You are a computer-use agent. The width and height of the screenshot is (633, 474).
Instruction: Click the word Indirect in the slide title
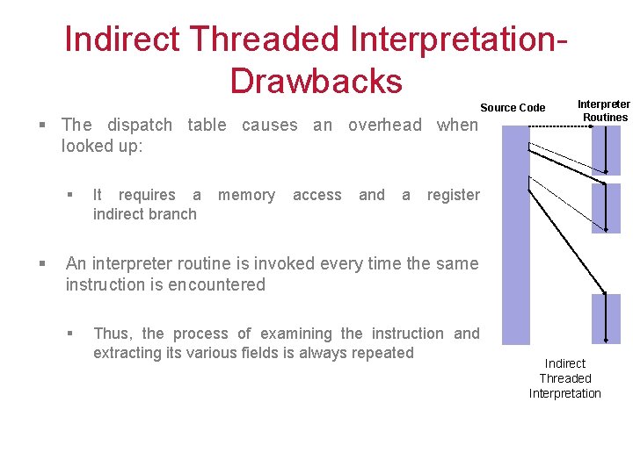(121, 39)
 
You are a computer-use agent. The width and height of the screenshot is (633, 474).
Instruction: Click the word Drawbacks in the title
(316, 81)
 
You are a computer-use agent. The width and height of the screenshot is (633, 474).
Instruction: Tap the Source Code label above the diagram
(513, 108)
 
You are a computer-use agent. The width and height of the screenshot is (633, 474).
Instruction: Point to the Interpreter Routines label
(604, 111)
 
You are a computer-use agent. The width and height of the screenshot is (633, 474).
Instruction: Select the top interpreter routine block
(606, 150)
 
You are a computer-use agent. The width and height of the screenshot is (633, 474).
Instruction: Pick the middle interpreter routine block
(606, 207)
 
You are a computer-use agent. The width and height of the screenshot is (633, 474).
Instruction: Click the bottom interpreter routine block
(606, 318)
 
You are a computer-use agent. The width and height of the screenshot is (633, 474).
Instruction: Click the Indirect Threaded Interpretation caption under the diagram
(564, 378)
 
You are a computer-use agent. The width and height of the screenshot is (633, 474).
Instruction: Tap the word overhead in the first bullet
(385, 125)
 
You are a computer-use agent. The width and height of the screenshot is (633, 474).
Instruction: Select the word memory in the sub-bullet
(246, 195)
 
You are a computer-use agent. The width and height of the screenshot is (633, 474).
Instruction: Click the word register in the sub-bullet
(453, 195)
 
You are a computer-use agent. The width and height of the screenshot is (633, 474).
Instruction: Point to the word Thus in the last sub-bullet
(111, 334)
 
